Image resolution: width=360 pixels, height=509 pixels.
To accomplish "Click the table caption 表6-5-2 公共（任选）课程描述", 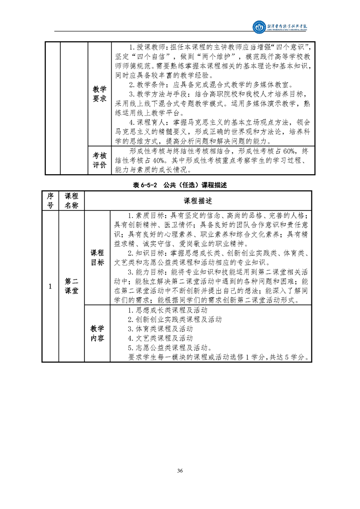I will click(180, 185).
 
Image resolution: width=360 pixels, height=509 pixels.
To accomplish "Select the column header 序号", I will click(50, 201).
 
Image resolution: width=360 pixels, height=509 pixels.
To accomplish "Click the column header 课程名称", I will click(71, 201).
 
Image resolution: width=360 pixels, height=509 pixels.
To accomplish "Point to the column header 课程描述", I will click(197, 201).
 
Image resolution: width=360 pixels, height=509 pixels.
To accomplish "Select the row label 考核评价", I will click(99, 160).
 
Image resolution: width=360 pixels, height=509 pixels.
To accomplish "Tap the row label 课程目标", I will click(97, 257).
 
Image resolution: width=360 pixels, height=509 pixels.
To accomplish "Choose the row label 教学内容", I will click(97, 333).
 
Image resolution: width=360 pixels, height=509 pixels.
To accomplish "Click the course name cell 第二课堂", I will click(71, 286).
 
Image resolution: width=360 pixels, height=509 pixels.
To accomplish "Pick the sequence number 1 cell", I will click(50, 286).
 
